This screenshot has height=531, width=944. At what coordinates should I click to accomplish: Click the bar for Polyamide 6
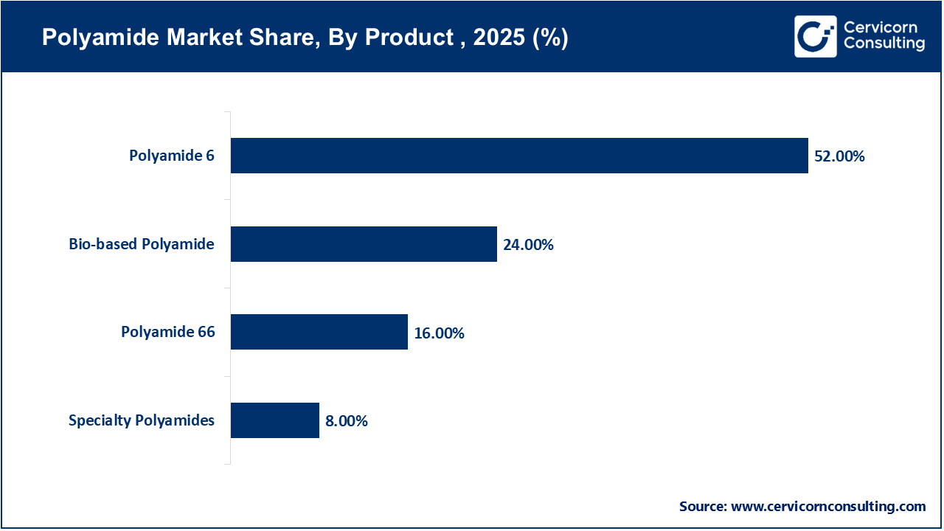(x=519, y=156)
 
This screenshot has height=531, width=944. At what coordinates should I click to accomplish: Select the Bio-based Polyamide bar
(x=364, y=244)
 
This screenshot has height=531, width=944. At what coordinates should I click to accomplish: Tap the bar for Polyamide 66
(x=319, y=332)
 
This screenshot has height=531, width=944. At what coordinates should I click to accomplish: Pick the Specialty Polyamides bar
(x=274, y=420)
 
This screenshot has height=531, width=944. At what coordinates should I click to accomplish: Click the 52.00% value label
(x=839, y=156)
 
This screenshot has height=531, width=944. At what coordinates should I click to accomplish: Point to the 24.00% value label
(x=528, y=245)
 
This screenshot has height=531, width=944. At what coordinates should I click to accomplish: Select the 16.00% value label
(x=439, y=333)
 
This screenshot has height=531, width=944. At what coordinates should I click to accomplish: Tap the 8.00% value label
(x=346, y=421)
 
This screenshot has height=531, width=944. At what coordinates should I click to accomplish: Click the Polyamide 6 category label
(x=172, y=156)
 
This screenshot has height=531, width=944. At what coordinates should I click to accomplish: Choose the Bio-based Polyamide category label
(x=142, y=244)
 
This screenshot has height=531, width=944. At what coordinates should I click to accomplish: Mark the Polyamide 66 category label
(x=168, y=332)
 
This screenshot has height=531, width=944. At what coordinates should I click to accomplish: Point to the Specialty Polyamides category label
(x=142, y=420)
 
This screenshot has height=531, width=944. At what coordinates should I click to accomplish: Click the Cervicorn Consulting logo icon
(x=815, y=36)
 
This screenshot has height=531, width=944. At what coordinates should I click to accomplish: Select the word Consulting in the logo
(x=884, y=44)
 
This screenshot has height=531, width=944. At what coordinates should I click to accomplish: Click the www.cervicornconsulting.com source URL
(x=828, y=506)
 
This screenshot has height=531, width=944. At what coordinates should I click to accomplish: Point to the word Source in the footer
(x=702, y=506)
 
